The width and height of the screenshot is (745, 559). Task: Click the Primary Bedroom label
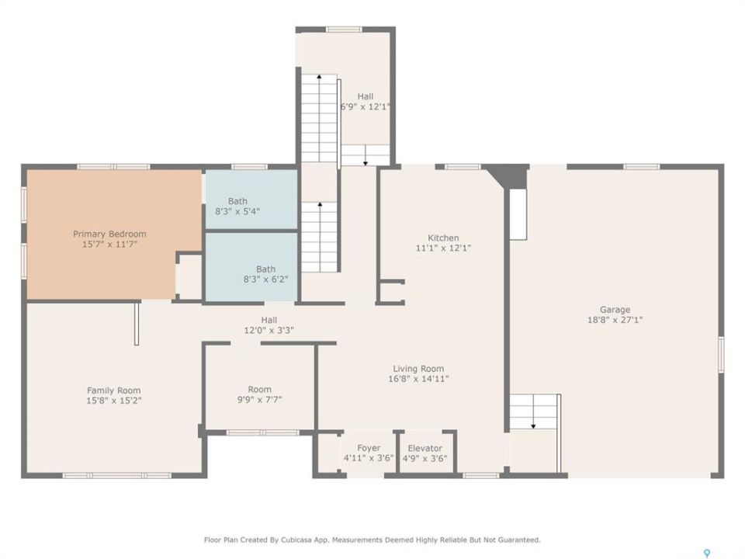pyautogui.click(x=109, y=234)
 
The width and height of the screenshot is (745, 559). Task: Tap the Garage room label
pyautogui.click(x=615, y=310)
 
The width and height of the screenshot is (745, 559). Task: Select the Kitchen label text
pyautogui.click(x=443, y=238)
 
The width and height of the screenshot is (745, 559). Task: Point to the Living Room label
pyautogui.click(x=418, y=368)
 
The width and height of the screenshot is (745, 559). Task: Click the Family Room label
pyautogui.click(x=113, y=391)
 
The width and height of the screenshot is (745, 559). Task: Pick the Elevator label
pyautogui.click(x=424, y=448)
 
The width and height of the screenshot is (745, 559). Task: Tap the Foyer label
pyautogui.click(x=369, y=448)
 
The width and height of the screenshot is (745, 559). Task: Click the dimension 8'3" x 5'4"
pyautogui.click(x=237, y=211)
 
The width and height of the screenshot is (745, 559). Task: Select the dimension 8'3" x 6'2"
pyautogui.click(x=265, y=279)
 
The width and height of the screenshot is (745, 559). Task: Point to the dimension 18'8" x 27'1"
pyautogui.click(x=615, y=320)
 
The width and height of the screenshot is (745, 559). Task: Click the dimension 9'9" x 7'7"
pyautogui.click(x=259, y=399)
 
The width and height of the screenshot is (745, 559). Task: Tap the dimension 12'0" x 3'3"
pyautogui.click(x=269, y=330)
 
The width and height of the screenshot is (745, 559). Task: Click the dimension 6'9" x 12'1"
pyautogui.click(x=365, y=106)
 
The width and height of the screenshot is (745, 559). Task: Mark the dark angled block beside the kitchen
pyautogui.click(x=507, y=176)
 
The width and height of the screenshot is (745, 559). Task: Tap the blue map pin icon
pyautogui.click(x=707, y=553)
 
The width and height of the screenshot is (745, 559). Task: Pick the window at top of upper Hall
pyautogui.click(x=344, y=30)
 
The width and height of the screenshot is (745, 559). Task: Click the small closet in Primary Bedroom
pyautogui.click(x=189, y=277)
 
